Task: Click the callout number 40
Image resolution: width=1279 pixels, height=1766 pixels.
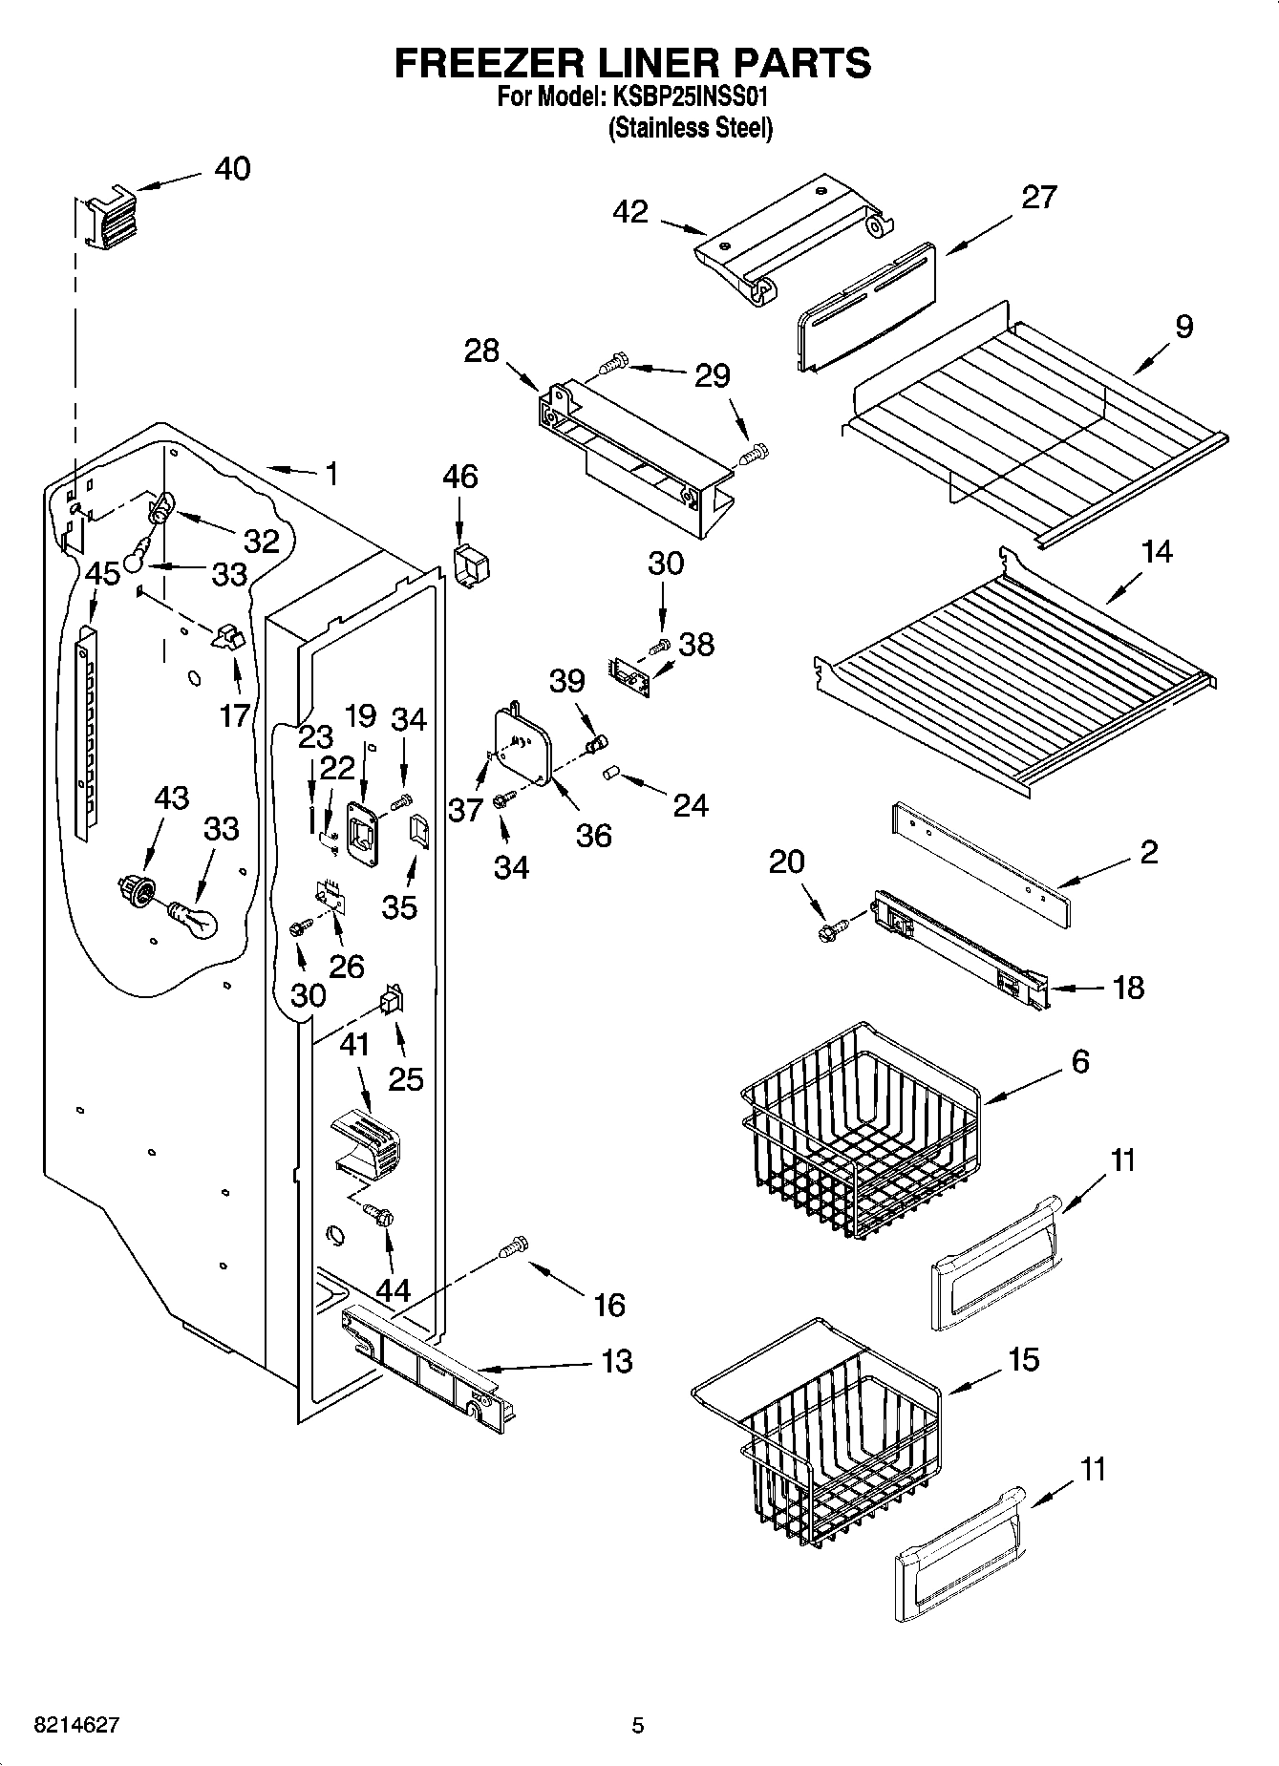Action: [x=232, y=169]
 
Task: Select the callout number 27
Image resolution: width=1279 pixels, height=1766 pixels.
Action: [x=1039, y=197]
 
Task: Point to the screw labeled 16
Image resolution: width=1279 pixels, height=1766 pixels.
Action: [x=514, y=1246]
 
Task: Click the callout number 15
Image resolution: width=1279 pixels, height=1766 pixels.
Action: [x=1023, y=1359]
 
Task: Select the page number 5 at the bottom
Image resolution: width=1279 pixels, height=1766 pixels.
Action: [x=638, y=1725]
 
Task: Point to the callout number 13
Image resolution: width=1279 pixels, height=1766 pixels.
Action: [x=618, y=1361]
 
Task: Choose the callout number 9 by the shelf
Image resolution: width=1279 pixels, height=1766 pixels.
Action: [x=1184, y=327]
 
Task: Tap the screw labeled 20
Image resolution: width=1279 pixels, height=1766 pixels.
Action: [x=831, y=927]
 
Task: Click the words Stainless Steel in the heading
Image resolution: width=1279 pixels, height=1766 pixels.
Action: [x=691, y=128]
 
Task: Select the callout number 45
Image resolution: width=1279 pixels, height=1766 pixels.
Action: [x=102, y=574]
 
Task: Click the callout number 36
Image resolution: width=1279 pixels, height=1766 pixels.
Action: [x=593, y=836]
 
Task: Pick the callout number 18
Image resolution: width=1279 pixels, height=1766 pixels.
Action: [x=1128, y=987]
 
